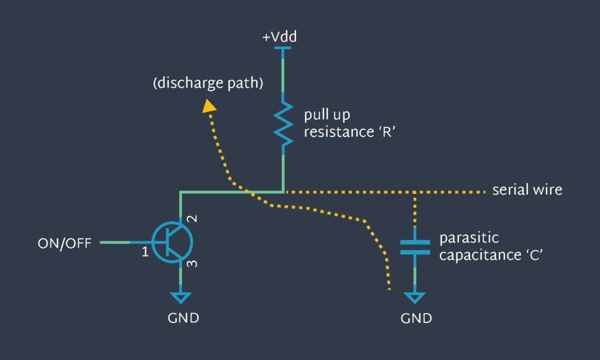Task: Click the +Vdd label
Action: (279, 37)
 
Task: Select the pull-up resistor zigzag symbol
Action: (284, 124)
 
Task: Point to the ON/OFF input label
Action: (64, 243)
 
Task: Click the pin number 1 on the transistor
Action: (144, 253)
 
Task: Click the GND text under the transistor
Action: (182, 318)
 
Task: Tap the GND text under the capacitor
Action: (416, 319)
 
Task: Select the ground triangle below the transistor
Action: (182, 297)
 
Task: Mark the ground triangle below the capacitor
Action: (415, 297)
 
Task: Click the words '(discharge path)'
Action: (207, 84)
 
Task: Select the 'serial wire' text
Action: (527, 190)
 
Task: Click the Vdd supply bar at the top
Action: (284, 50)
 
